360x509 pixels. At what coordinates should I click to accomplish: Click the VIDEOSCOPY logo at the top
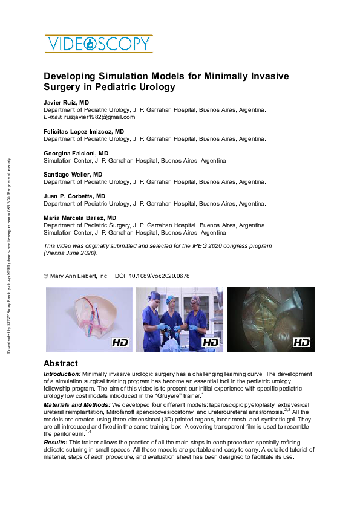point(97,44)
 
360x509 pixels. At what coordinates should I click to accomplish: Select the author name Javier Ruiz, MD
point(67,103)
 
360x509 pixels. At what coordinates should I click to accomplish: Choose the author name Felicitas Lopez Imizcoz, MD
point(83,131)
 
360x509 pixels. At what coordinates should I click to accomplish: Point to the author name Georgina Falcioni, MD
point(76,154)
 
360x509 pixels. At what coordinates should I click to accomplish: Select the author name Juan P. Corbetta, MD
point(74,196)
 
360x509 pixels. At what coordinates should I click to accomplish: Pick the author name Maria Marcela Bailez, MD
point(80,218)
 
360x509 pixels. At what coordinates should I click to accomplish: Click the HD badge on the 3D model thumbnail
point(120,343)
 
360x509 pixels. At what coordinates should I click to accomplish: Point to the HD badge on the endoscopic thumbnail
point(301,343)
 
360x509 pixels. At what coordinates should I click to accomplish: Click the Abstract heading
point(61,364)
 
